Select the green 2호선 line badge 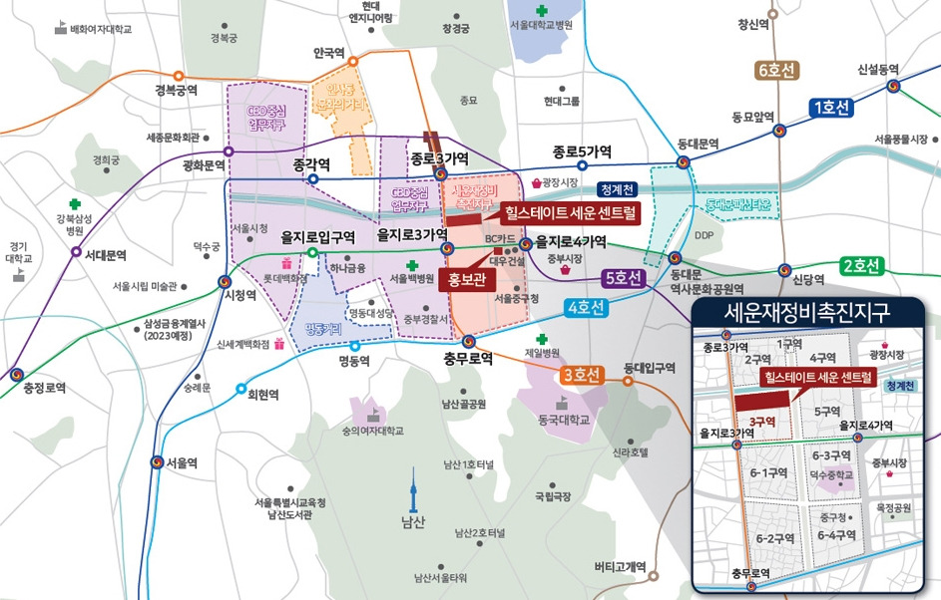(861, 266)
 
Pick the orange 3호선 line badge (581, 375)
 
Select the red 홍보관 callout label (467, 279)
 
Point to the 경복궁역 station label (176, 91)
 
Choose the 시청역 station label (238, 296)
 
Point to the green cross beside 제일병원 (543, 339)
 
